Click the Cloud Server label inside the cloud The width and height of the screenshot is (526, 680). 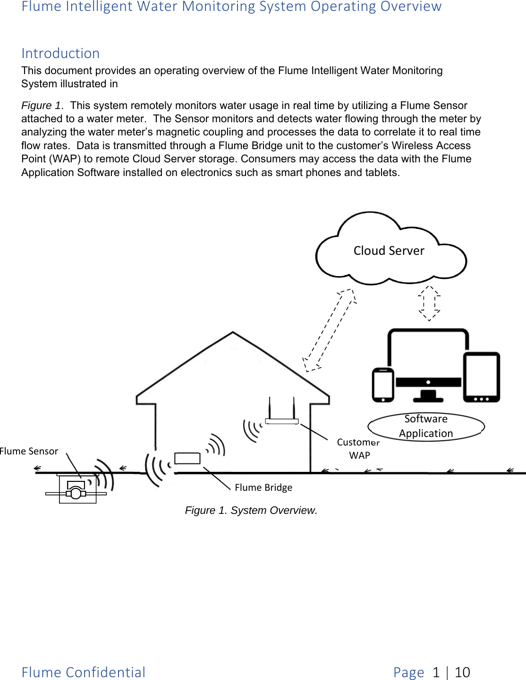(x=389, y=251)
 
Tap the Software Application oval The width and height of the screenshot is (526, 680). (x=426, y=427)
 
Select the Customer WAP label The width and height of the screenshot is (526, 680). (x=358, y=448)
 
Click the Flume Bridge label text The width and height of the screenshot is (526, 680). (x=263, y=487)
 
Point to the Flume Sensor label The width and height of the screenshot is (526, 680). (x=29, y=451)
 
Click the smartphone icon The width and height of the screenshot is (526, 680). (x=383, y=385)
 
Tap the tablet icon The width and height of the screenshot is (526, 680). (x=481, y=377)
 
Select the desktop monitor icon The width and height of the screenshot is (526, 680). (x=428, y=363)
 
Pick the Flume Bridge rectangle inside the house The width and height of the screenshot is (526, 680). (x=187, y=458)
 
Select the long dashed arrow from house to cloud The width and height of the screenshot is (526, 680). (x=329, y=330)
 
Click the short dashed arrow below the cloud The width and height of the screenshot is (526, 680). (x=429, y=303)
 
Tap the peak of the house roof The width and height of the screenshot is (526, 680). (x=233, y=333)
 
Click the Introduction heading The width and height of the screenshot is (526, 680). (x=60, y=53)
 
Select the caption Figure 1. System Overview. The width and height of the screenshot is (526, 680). (x=251, y=511)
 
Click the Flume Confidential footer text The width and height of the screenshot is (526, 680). (x=84, y=672)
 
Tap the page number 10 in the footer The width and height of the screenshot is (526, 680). (x=462, y=672)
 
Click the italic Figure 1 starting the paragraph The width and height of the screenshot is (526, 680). (x=41, y=105)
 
